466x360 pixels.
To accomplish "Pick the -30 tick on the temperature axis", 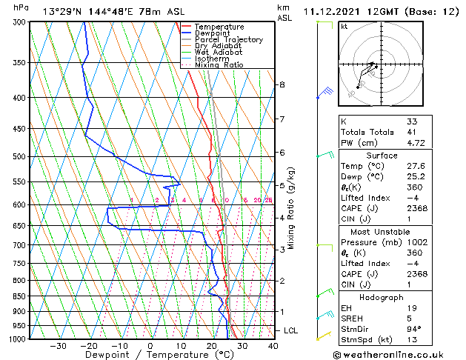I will pyautogui.click(x=58, y=346).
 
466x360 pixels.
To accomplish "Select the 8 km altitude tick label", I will pyautogui.click(x=282, y=84).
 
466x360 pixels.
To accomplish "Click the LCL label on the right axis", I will pyautogui.click(x=292, y=330).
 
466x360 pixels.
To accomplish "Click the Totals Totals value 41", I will pyautogui.click(x=412, y=132).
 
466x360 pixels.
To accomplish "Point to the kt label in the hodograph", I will pyautogui.click(x=344, y=26).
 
